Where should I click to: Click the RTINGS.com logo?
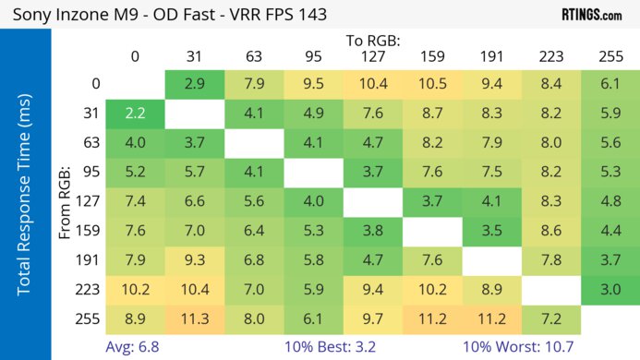click(x=591, y=15)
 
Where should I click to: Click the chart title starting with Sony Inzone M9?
click(x=171, y=15)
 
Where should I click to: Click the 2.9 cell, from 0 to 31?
click(x=194, y=84)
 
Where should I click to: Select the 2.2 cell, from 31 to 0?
click(x=135, y=114)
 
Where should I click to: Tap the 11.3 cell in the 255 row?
click(x=194, y=319)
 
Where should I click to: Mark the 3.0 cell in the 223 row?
click(x=610, y=290)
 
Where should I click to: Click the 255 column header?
click(x=610, y=56)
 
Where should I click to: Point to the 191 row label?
click(x=90, y=260)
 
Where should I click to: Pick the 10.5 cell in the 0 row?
click(x=431, y=84)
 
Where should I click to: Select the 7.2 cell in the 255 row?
click(x=550, y=319)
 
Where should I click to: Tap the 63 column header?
click(x=253, y=56)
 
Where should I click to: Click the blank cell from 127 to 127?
click(x=372, y=201)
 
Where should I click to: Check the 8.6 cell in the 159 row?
click(x=550, y=231)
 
